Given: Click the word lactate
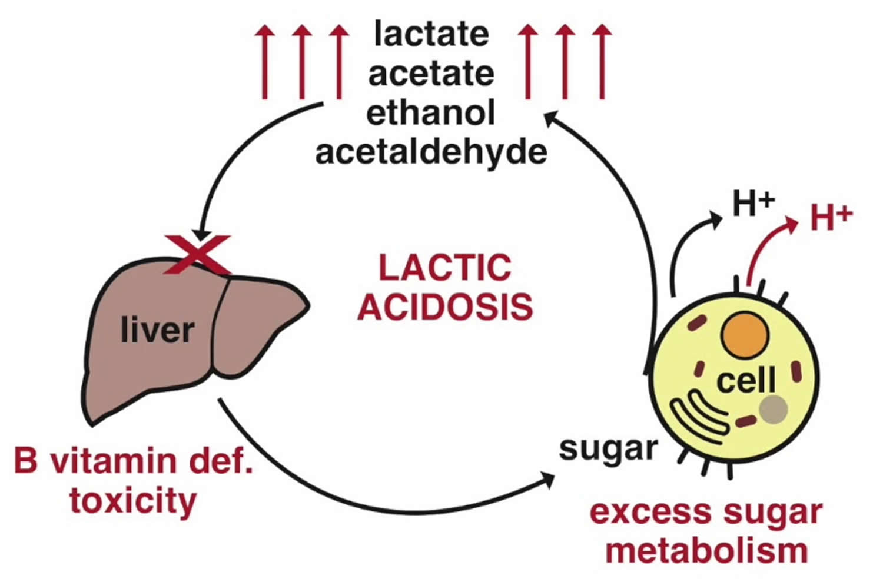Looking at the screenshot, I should [431, 34].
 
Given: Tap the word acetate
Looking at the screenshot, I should [431, 73].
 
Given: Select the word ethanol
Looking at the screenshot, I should [431, 112].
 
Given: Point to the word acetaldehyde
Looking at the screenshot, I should [431, 152].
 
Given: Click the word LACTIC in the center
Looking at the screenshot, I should [444, 268].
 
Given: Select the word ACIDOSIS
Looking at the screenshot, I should [445, 307].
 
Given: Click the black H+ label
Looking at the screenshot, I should [753, 204].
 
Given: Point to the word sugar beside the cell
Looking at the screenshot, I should [608, 449].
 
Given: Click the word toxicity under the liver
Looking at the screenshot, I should [133, 501].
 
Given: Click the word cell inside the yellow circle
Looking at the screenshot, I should [746, 381].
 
